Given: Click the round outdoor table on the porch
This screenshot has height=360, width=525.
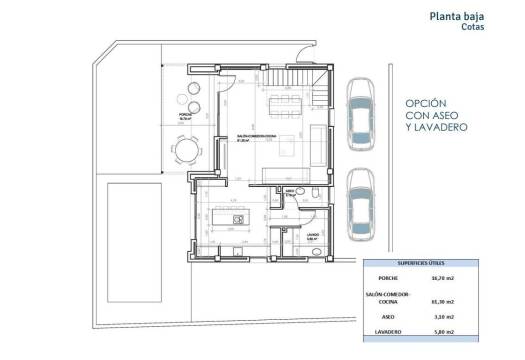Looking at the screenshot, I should click(x=188, y=150).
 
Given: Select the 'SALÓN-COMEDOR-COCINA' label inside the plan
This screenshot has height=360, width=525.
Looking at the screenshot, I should click(x=259, y=136).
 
